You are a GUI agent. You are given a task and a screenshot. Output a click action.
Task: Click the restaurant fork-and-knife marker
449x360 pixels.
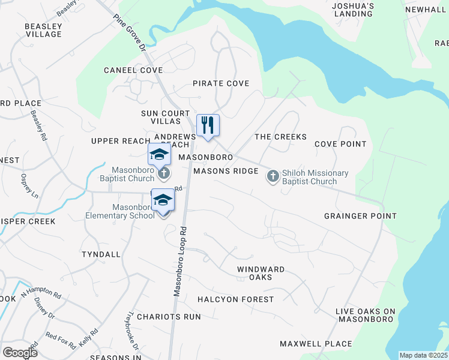208,125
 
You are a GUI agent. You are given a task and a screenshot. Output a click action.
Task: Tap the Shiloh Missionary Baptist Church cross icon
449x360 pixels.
273,176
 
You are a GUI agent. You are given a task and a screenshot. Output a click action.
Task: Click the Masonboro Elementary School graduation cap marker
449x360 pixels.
163,200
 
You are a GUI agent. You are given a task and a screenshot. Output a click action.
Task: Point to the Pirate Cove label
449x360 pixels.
220,83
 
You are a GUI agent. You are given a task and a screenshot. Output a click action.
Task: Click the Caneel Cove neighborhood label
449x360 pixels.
133,70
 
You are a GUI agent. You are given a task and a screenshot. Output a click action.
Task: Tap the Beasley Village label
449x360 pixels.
43,30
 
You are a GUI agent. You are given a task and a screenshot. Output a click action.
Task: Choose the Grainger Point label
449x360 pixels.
360,216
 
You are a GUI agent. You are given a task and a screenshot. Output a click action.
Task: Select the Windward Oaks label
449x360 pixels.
261,274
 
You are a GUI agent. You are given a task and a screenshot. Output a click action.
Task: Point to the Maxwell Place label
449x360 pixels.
316,344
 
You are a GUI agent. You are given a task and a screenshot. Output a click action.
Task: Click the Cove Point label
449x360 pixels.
340,144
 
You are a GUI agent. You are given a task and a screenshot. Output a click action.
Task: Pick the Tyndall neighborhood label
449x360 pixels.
101,254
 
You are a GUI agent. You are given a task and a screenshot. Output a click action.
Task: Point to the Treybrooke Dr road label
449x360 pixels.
132,331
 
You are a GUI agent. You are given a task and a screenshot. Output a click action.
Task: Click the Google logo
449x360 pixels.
20,353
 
